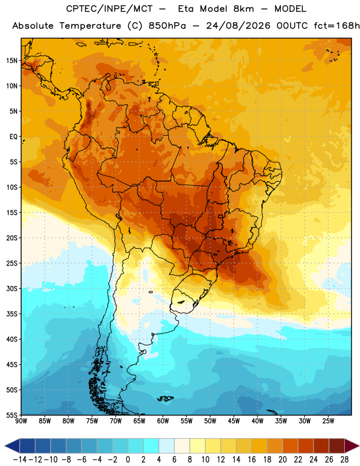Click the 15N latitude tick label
click(12, 61)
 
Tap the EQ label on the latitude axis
click(13, 137)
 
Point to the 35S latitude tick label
click(12, 314)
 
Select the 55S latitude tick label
click(12, 415)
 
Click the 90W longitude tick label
click(22, 421)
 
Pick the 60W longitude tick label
click(163, 421)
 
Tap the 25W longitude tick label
click(328, 421)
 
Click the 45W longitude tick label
click(234, 421)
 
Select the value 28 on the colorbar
click(344, 460)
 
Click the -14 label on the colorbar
click(20, 460)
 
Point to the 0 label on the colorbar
click(128, 460)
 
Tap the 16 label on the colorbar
click(252, 460)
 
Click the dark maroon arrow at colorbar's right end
click(352, 446)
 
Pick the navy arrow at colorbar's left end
click(12, 446)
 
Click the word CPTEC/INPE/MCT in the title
click(109, 9)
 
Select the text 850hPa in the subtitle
click(167, 26)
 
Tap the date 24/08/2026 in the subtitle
click(238, 26)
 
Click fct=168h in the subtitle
click(337, 26)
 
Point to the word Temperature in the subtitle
click(90, 26)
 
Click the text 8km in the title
click(243, 9)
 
